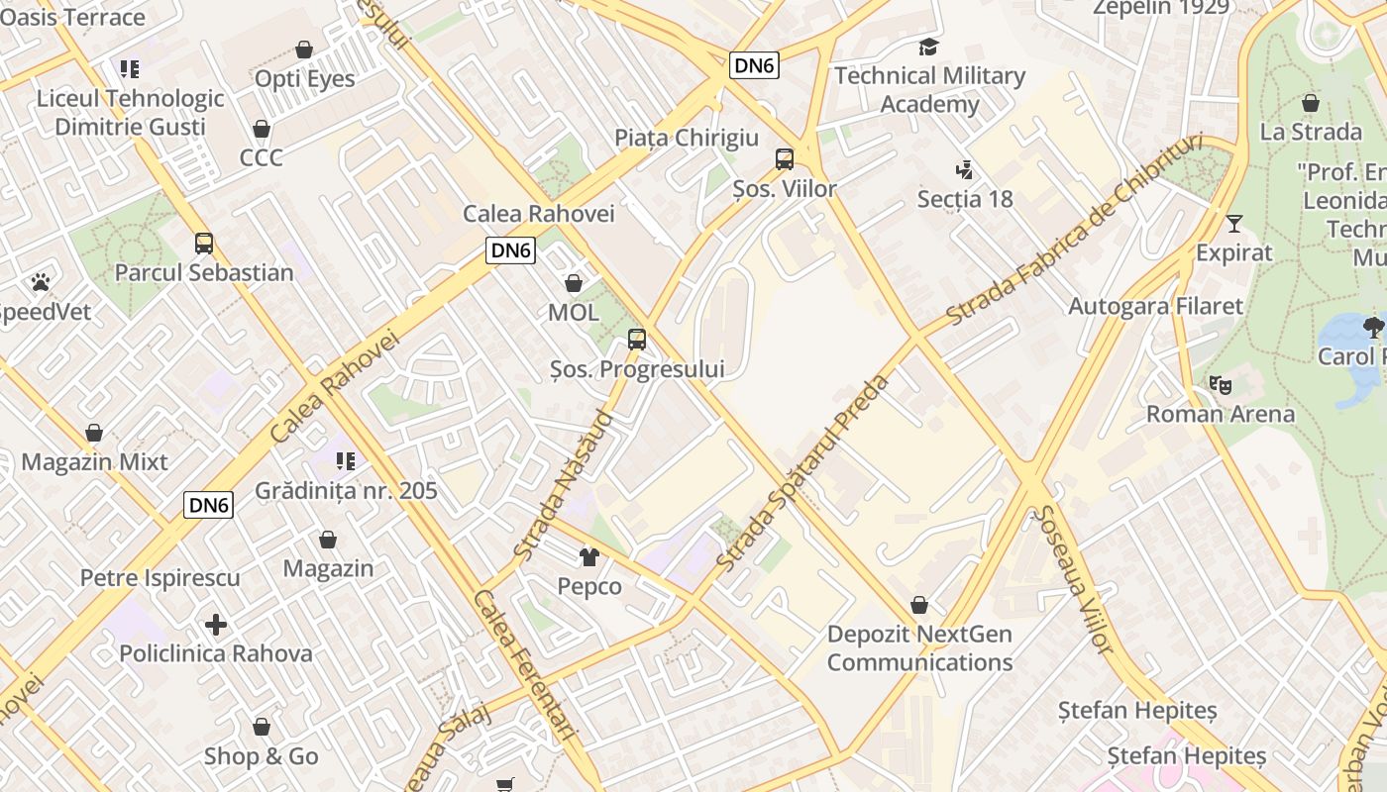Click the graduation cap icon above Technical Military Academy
tap(928, 47)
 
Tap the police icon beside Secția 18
tap(964, 170)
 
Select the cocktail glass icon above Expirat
tap(1233, 223)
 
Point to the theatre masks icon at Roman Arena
tap(1220, 384)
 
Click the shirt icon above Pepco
tap(589, 557)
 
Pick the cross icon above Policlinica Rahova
tap(216, 625)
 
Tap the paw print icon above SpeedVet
tap(41, 283)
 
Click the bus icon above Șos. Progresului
tap(637, 340)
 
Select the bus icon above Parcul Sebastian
tap(204, 244)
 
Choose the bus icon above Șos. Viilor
tap(785, 159)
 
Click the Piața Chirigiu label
tap(687, 138)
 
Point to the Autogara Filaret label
tap(1155, 306)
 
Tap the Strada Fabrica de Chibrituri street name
tap(1074, 231)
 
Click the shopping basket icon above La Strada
tap(1311, 103)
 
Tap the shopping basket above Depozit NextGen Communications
tap(919, 605)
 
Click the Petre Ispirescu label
tap(160, 578)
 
